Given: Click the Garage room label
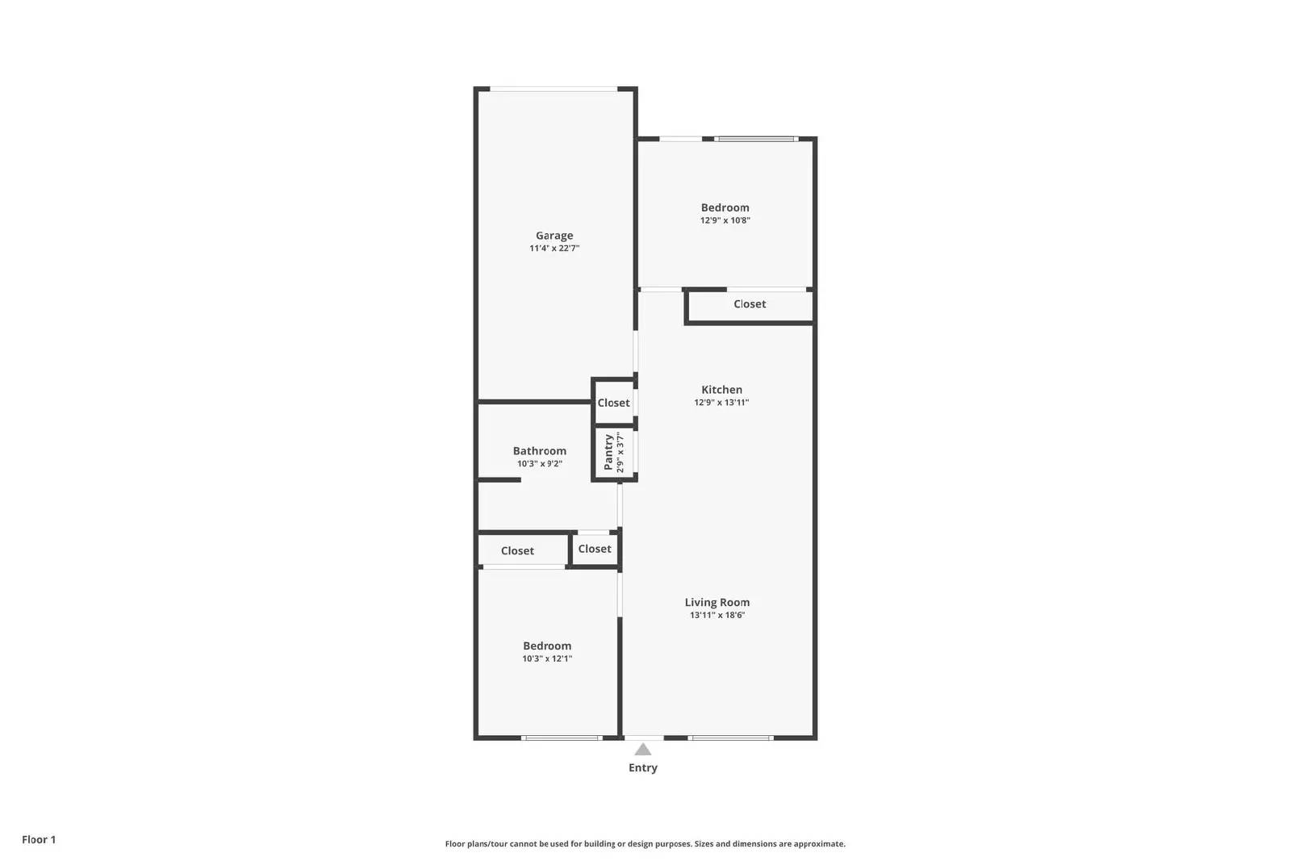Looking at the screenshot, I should pos(554,236).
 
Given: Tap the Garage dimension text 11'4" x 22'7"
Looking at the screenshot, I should pos(554,249).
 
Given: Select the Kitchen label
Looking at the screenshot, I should pos(721,390).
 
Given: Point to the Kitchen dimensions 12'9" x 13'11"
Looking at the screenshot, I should pos(721,403).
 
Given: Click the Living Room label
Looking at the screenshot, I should pos(717,602).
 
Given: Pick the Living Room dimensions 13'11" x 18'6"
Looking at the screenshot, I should pos(717,615).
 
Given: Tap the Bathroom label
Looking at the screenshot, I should pos(540,451).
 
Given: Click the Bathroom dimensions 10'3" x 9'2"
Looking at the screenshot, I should pos(540,464).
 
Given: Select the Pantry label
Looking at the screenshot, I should pos(608,453).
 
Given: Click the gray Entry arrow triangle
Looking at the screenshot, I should pos(643,750).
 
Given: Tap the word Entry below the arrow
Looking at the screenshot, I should pos(643,767).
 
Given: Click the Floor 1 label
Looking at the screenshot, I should pos(39,839).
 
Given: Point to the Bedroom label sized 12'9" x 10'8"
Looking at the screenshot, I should pos(725,207).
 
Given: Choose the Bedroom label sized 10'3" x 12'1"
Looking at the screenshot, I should pos(547,646).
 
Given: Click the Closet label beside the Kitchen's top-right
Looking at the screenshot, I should pos(750,304).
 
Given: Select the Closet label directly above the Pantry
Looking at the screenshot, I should pos(613,403).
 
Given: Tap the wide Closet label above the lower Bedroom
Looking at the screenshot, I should pos(517,551).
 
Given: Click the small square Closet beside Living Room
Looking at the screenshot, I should pos(595,549).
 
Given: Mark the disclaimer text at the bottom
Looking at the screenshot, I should pos(645,844).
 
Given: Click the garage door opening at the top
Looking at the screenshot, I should pos(554,89).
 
